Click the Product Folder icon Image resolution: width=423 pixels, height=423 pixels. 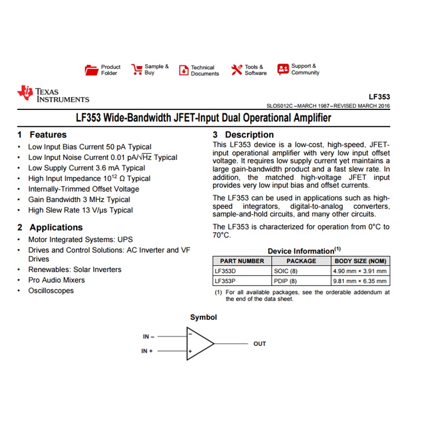click(x=91, y=70)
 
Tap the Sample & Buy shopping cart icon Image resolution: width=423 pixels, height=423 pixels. click(x=137, y=70)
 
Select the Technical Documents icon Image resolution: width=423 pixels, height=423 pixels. click(x=183, y=70)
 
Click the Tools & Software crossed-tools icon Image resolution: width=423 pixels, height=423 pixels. click(x=236, y=70)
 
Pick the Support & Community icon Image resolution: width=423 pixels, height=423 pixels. click(x=283, y=69)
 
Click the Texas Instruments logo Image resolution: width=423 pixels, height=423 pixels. click(x=53, y=94)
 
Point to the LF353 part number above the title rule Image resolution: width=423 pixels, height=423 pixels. click(x=379, y=97)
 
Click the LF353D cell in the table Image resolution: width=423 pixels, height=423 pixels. click(x=225, y=271)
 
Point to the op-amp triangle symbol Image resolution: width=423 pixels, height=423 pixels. click(x=199, y=344)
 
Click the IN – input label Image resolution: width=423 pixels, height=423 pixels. click(x=148, y=336)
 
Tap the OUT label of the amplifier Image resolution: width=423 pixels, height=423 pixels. click(x=260, y=344)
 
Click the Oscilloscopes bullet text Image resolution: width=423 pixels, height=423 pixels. click(x=51, y=290)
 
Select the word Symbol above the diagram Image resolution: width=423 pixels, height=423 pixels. click(x=204, y=317)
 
